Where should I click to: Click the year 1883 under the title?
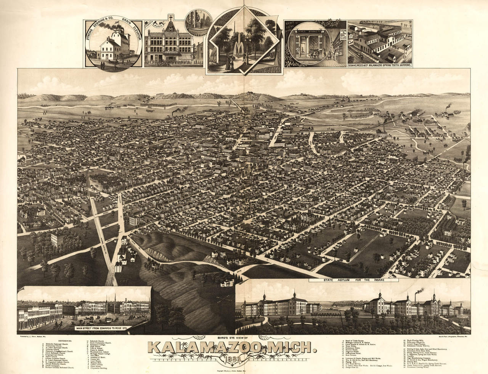click(232, 359)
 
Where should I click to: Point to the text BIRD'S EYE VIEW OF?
click(232, 338)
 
